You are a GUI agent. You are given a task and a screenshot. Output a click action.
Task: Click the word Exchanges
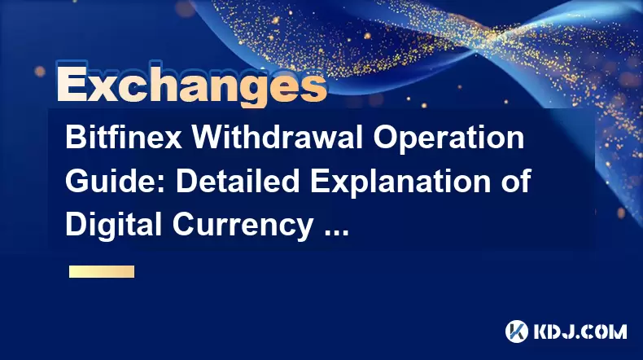tap(192, 85)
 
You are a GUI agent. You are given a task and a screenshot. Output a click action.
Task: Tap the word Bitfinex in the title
tap(124, 138)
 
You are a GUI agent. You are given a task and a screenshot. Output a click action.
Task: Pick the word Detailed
tap(238, 181)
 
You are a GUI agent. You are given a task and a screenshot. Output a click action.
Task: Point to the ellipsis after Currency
tap(336, 233)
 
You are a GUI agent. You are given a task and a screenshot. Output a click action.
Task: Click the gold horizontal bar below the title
tap(102, 272)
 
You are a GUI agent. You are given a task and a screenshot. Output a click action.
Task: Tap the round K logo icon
tap(517, 331)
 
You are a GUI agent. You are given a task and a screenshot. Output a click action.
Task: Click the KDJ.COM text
tap(580, 331)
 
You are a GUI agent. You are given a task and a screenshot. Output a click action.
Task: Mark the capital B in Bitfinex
tap(76, 138)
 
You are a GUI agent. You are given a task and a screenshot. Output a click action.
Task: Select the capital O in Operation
tap(385, 138)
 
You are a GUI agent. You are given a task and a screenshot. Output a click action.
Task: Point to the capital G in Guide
tap(77, 181)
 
